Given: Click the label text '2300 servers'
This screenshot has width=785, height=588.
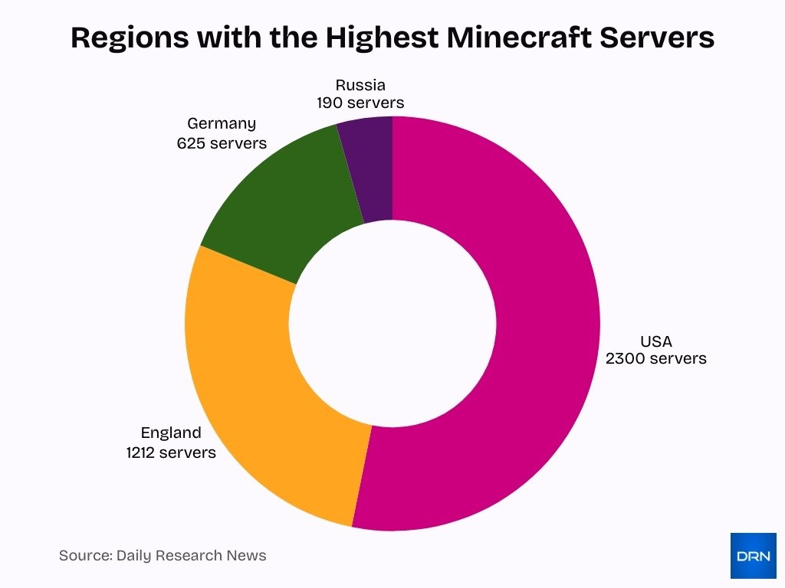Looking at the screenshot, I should (x=655, y=358).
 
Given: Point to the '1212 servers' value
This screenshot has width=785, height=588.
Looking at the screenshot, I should (x=171, y=452).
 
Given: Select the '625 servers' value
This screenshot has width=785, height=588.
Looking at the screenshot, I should (x=222, y=143).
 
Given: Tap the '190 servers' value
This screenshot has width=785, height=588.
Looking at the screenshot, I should (x=360, y=102).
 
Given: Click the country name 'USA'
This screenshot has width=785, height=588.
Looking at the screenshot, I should (x=655, y=341).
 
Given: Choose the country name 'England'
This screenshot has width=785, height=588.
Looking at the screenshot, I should (x=171, y=433).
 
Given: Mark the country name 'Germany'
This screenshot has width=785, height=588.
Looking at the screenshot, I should (x=222, y=124).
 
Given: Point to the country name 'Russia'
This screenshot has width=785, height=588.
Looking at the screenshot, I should (x=360, y=84).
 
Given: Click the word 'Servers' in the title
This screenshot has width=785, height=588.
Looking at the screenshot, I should (x=657, y=37).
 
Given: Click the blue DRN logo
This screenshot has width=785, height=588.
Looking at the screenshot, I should (x=753, y=556).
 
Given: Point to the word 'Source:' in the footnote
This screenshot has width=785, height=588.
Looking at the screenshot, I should (x=85, y=556).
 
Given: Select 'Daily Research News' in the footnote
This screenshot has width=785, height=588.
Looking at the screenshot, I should (x=191, y=556).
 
